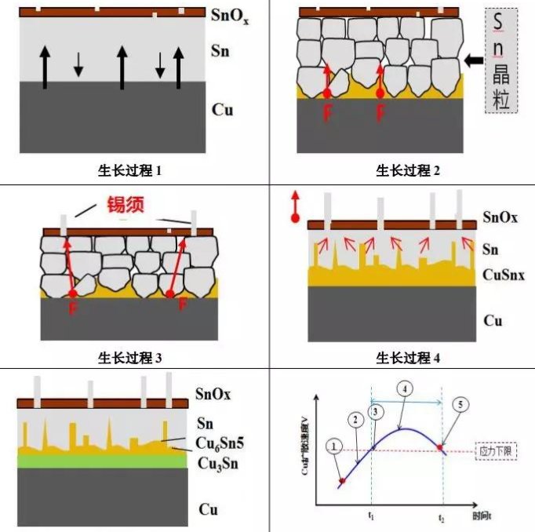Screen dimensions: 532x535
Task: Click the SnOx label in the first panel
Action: coord(231,14)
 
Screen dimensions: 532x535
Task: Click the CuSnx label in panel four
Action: coord(504,275)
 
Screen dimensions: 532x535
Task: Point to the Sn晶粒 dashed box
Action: coord(501,60)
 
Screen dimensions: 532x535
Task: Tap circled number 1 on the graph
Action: coord(335,446)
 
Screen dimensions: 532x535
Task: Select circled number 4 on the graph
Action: coord(403,388)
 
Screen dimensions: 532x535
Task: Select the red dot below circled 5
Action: coord(442,446)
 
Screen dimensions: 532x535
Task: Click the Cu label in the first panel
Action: coord(223,109)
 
